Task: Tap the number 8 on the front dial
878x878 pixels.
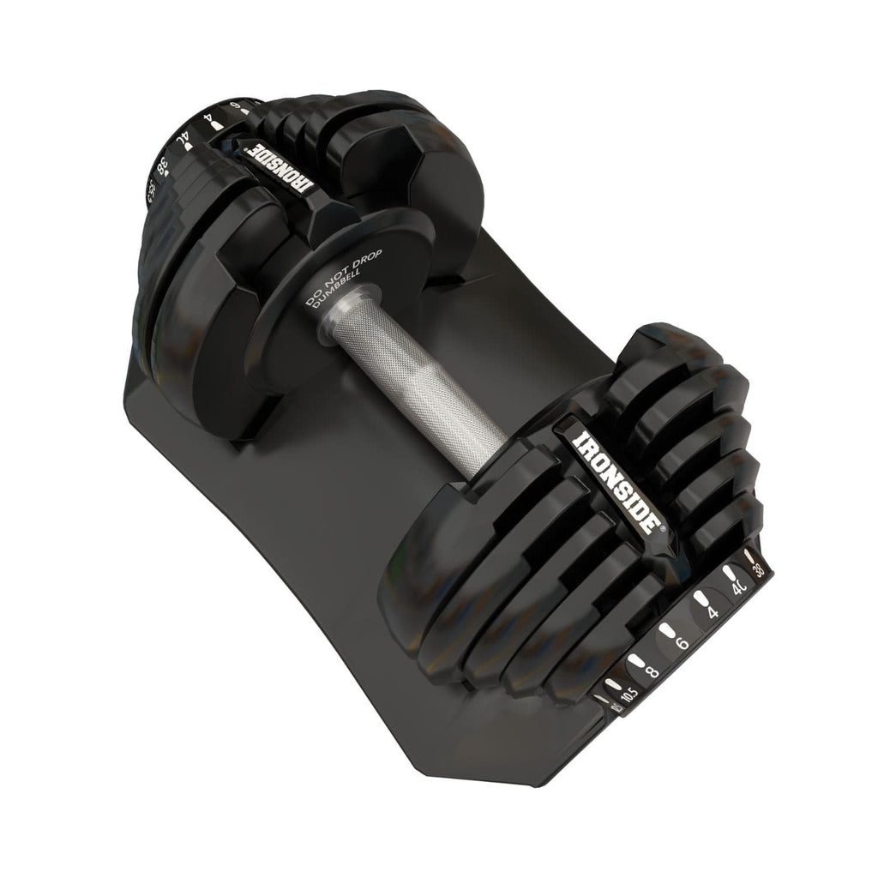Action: coord(653,671)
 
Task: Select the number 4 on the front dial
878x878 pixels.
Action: coord(711,613)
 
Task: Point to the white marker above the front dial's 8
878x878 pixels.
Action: coord(635,660)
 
